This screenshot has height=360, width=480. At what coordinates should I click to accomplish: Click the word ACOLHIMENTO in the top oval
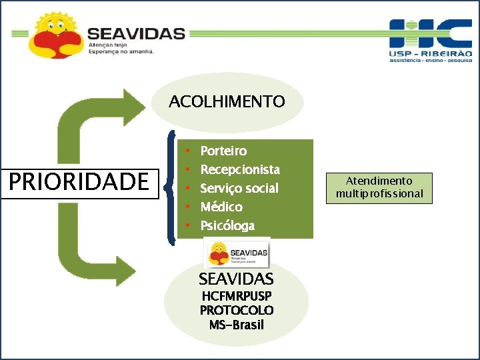coord(227,102)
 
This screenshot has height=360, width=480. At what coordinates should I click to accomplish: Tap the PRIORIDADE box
coord(77,181)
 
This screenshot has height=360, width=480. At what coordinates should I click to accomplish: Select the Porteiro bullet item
coord(223,151)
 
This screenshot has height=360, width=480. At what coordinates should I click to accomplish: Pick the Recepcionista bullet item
coord(239,169)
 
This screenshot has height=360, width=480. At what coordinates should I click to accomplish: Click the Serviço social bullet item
coord(239,188)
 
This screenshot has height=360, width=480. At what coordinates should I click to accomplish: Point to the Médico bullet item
coord(221,207)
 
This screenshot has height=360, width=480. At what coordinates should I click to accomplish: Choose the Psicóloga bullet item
coord(227,225)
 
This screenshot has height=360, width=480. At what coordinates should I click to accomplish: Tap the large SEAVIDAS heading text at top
coord(136,33)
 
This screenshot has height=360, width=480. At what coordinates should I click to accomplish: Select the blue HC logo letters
coord(429,33)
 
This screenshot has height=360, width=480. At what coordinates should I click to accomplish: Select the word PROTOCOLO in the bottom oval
coord(236,311)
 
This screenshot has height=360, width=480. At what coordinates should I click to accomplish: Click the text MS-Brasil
coord(236,325)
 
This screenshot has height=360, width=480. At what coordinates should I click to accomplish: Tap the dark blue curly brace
coord(173,184)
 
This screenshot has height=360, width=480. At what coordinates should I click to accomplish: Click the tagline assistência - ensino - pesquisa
coord(430,60)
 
